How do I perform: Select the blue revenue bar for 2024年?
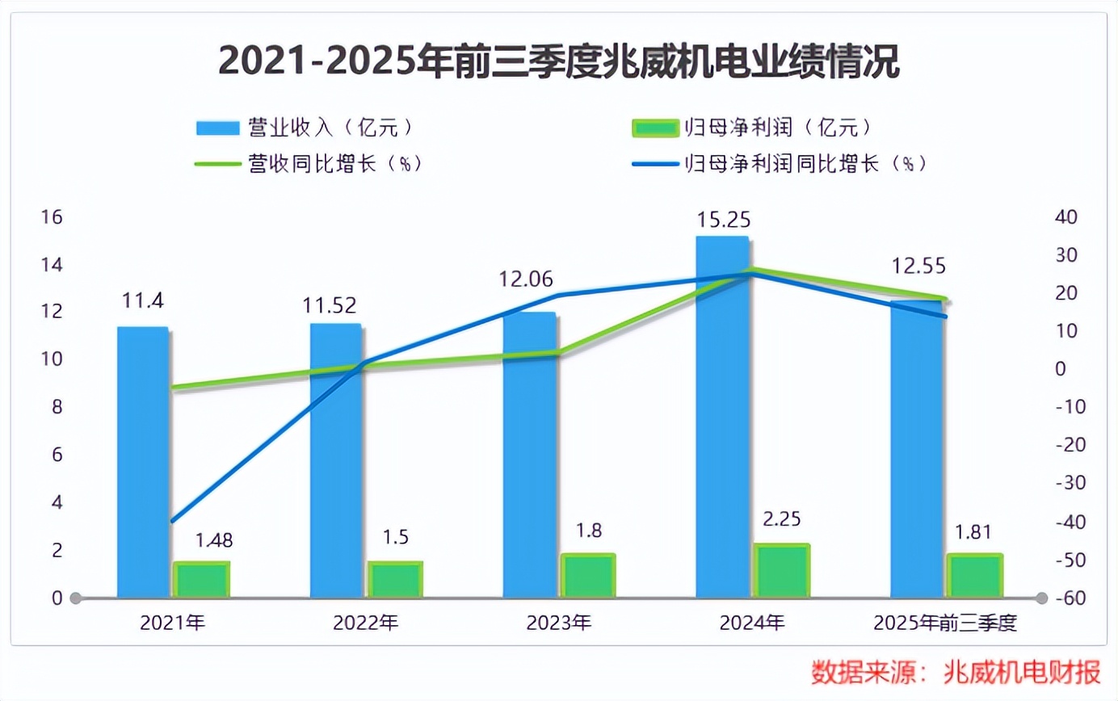click(722, 417)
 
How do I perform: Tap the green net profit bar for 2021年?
click(202, 580)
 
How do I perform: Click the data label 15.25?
click(723, 220)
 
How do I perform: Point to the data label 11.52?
click(330, 305)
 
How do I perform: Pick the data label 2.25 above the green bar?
click(782, 519)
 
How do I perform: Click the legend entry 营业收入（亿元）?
click(305, 128)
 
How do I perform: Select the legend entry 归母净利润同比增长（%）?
click(780, 164)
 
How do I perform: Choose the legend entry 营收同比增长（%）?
click(309, 164)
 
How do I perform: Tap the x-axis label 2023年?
click(558, 623)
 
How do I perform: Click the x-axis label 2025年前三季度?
click(945, 623)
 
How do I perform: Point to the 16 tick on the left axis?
click(52, 217)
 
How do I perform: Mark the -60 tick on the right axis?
click(1070, 598)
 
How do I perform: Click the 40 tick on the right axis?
click(1066, 217)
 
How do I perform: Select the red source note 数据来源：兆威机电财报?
click(956, 672)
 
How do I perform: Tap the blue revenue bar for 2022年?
click(336, 460)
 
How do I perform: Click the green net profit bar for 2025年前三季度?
click(975, 576)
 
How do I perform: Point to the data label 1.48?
click(213, 540)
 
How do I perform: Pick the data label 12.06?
click(526, 279)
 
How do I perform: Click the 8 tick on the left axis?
click(57, 407)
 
